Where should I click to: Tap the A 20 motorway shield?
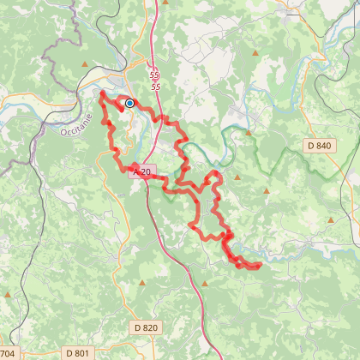[x=142, y=172]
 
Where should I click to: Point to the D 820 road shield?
[x=147, y=327]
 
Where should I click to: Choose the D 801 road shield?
[x=77, y=352]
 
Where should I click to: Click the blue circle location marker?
[x=129, y=103]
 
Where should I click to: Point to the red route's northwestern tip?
[x=101, y=93]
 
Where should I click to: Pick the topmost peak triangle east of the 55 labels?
[x=257, y=54]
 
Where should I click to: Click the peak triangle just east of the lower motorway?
[x=205, y=281]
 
